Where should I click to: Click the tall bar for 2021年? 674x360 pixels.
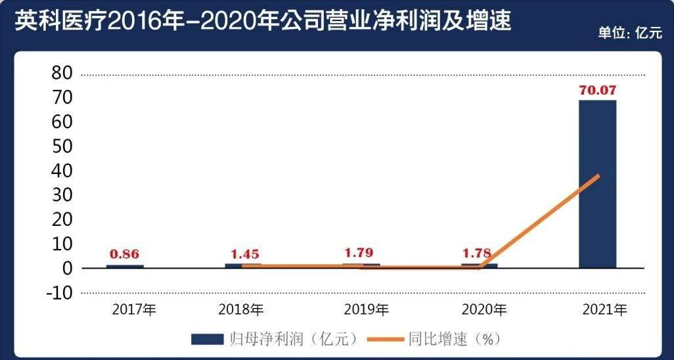point(597,184)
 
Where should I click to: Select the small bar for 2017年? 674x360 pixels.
point(125,266)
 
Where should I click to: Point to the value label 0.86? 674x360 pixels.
point(125,254)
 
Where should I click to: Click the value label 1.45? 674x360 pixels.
point(244,254)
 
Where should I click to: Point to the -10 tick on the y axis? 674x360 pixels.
point(59,293)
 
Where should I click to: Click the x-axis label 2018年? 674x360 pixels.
point(241,309)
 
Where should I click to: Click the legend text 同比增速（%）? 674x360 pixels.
point(455,339)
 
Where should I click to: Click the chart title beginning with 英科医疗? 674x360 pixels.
point(262,22)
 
